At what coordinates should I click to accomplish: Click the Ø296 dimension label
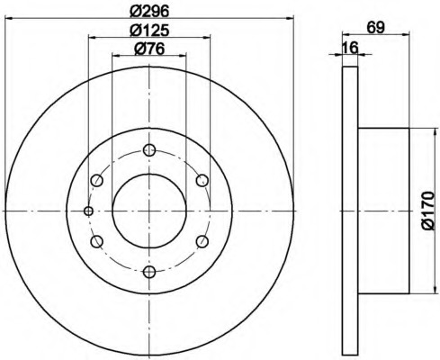click(x=149, y=12)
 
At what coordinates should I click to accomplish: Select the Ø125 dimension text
click(x=149, y=31)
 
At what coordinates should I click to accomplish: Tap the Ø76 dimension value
click(x=149, y=49)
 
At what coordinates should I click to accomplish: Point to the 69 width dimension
click(x=375, y=28)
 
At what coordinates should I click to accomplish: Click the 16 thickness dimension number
click(x=350, y=48)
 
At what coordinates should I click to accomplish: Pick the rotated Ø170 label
click(x=427, y=211)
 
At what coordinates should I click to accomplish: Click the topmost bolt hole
click(x=149, y=150)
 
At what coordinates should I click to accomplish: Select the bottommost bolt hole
click(x=149, y=272)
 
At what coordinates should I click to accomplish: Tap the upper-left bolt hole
click(x=97, y=181)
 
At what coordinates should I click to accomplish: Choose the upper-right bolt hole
click(x=202, y=181)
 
